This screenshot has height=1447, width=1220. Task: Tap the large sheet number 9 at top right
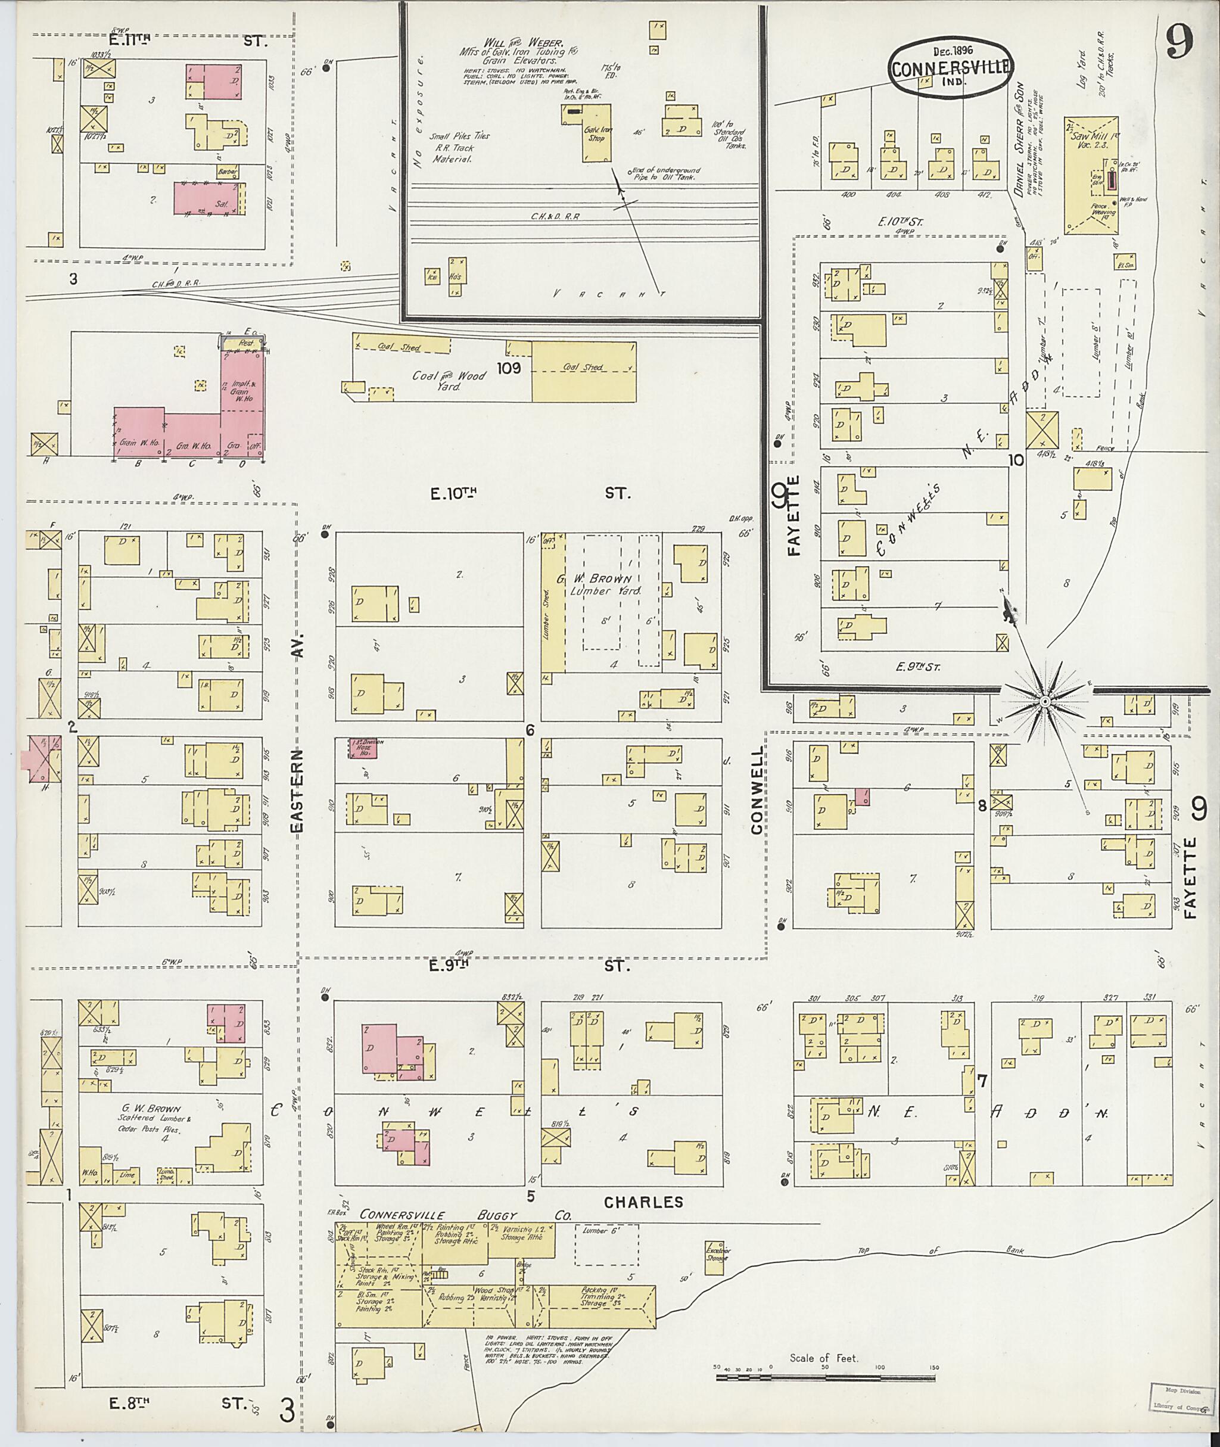[1179, 43]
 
